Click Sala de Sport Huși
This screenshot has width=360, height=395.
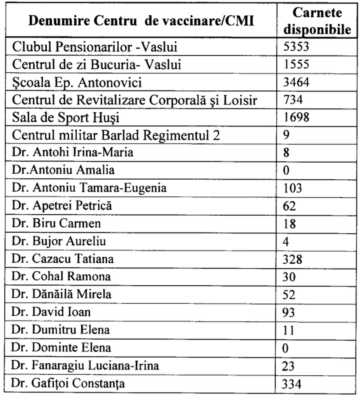click(66, 118)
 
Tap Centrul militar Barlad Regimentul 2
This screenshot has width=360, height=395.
click(116, 135)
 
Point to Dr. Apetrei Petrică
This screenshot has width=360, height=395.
click(62, 206)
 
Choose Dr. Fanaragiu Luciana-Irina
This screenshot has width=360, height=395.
click(85, 365)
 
